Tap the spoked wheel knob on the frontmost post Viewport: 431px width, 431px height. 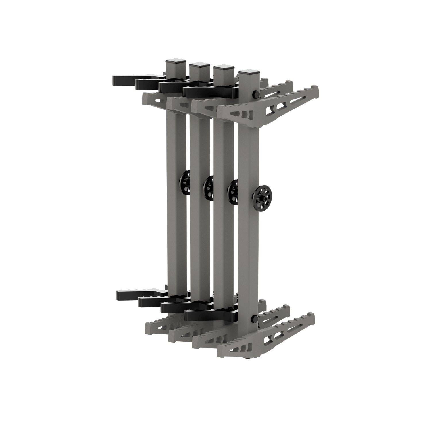point(263,196)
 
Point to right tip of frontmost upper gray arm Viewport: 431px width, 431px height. point(316,88)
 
